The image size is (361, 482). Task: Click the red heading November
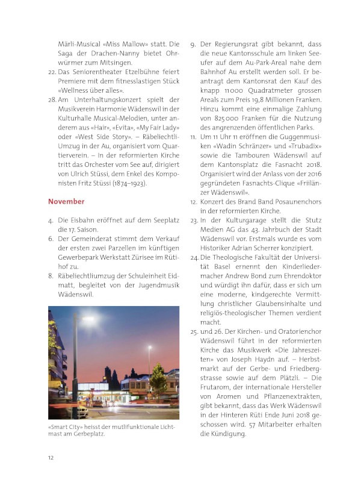pyautogui.click(x=66, y=201)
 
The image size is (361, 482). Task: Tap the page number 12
pyautogui.click(x=52, y=457)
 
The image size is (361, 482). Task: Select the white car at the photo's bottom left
pyautogui.click(x=60, y=414)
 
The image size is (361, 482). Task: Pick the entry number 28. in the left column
pyautogui.click(x=52, y=98)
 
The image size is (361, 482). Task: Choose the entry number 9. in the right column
pyautogui.click(x=193, y=44)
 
